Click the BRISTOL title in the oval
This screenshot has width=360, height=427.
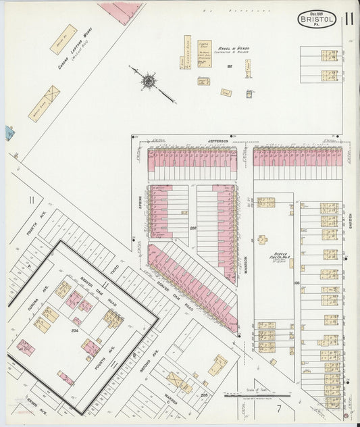point(315,21)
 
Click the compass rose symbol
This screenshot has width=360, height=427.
point(147,81)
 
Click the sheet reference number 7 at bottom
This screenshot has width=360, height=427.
point(277,408)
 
